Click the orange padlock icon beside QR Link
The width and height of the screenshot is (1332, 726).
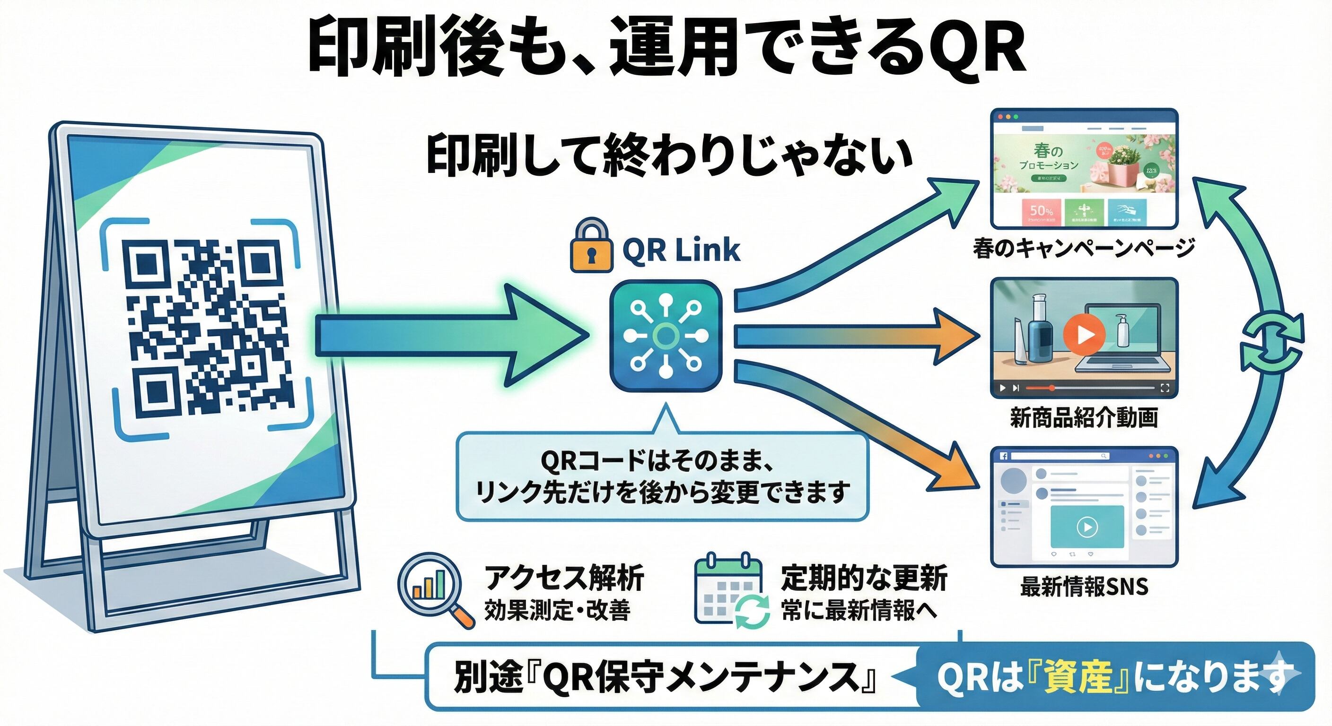pyautogui.click(x=591, y=246)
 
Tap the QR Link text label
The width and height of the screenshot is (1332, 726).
pyautogui.click(x=681, y=250)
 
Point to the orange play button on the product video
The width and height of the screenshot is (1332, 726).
pyautogui.click(x=1084, y=334)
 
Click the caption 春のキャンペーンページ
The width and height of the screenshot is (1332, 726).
pyautogui.click(x=1084, y=249)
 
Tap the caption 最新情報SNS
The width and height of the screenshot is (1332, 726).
pyautogui.click(x=1084, y=587)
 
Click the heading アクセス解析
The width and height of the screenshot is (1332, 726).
pyautogui.click(x=564, y=577)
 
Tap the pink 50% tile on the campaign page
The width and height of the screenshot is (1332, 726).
pyautogui.click(x=1041, y=212)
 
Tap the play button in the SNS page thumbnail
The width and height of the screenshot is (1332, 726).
pyautogui.click(x=1087, y=527)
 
